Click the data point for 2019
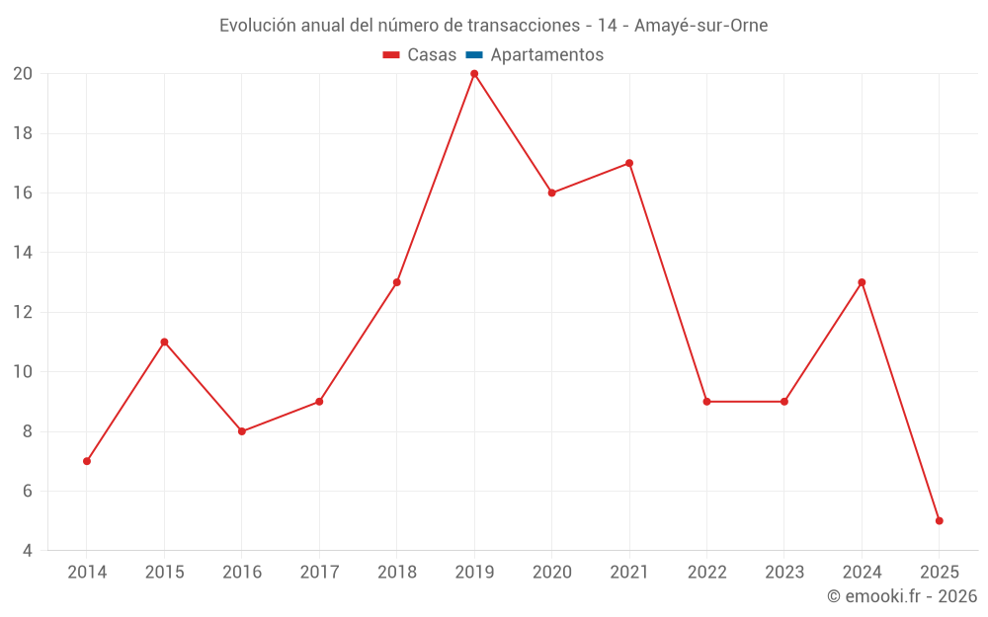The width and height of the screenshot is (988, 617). [x=474, y=74]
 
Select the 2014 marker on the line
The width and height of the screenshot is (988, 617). [x=87, y=461]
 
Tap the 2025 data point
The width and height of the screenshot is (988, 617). [x=939, y=520]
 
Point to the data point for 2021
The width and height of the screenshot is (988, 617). [x=629, y=163]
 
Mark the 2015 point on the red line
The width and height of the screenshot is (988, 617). [x=164, y=342]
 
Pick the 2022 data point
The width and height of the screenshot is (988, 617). [x=706, y=402]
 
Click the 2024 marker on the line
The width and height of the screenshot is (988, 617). [x=862, y=282]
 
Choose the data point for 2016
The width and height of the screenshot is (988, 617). [x=242, y=431]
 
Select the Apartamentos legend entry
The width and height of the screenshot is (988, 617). [x=546, y=55]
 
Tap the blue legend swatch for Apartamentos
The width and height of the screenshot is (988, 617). [x=474, y=55]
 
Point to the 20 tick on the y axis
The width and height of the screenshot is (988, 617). [x=23, y=74]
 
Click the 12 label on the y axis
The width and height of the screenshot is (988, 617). [x=23, y=312]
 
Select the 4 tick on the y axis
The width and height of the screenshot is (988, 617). [x=28, y=551]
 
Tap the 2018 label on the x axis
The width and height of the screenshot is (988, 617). [x=397, y=573]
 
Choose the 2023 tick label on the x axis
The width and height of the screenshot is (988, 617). [x=784, y=573]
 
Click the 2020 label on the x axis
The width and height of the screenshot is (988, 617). [x=551, y=573]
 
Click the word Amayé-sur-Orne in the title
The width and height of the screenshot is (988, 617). [x=700, y=26]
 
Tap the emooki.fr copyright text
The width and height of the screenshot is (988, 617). [x=902, y=596]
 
